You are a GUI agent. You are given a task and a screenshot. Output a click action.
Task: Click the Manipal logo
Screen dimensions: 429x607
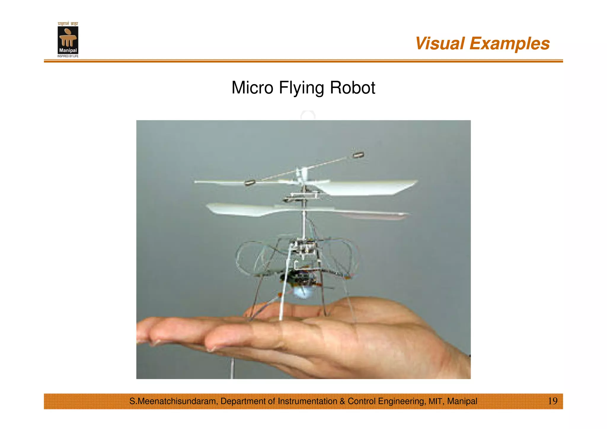(x=68, y=40)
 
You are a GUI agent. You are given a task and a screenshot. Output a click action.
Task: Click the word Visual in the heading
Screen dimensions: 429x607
(x=440, y=44)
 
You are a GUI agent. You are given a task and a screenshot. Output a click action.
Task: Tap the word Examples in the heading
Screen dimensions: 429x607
(x=509, y=44)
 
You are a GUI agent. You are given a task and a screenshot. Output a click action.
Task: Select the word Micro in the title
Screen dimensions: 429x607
(x=252, y=88)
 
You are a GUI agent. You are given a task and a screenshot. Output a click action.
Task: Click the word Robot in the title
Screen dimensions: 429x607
(x=352, y=88)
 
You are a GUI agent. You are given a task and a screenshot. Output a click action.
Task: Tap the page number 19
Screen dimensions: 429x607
(x=552, y=401)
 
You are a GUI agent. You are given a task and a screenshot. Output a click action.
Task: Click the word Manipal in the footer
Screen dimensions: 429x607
(x=462, y=401)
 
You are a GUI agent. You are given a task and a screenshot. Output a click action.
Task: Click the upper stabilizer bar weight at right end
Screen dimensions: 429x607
(x=358, y=155)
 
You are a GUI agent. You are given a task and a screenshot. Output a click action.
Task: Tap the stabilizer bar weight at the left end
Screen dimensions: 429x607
(x=250, y=183)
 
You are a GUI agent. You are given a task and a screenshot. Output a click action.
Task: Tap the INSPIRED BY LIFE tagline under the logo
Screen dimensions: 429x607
(x=68, y=56)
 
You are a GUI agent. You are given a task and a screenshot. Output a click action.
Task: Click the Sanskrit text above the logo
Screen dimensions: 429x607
(x=68, y=24)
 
